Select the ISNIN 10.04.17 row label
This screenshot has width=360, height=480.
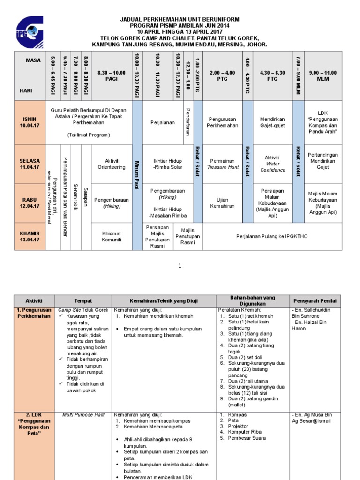pos(30,122)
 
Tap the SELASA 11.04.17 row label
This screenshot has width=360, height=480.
pos(30,164)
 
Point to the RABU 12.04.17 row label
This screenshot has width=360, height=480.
pos(30,202)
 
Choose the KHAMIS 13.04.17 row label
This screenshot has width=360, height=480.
pos(30,236)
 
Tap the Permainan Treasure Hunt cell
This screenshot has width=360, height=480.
pos(223,164)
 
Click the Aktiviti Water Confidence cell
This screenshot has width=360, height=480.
pos(272,164)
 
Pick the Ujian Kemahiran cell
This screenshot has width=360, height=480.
pos(223,202)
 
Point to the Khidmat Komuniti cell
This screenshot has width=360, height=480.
pos(112,236)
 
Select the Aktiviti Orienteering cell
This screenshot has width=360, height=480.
pos(112,164)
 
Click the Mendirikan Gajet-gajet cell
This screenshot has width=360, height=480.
pos(272,122)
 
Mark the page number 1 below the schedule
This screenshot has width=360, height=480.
pos(180,266)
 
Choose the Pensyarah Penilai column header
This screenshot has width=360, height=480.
pos(315,300)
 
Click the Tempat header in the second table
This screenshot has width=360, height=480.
pos(83,300)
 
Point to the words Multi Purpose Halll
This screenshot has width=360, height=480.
pos(83,415)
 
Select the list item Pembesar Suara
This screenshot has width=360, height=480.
pos(247,438)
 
